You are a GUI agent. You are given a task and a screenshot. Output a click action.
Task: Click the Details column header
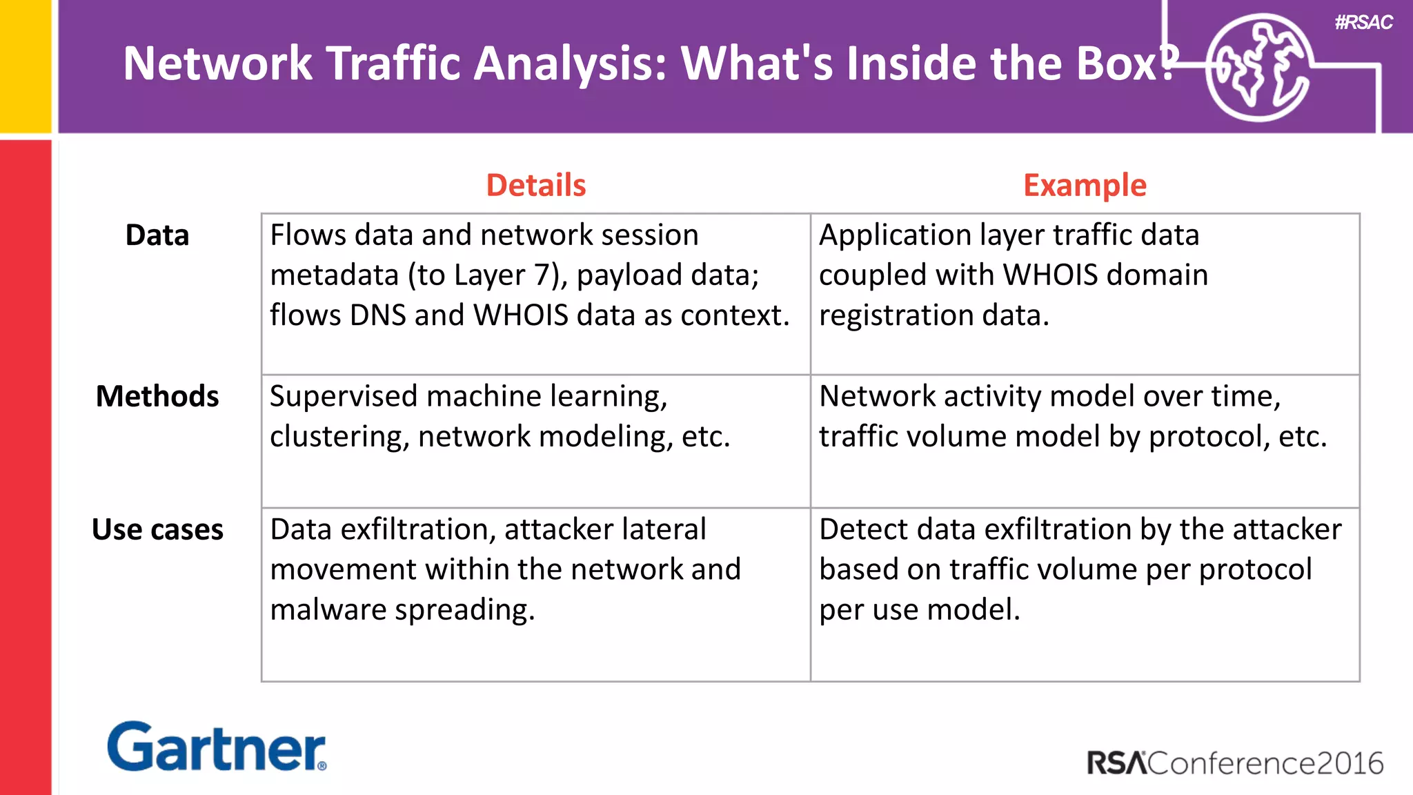(x=535, y=185)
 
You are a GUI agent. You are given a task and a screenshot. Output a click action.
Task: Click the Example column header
(x=1084, y=185)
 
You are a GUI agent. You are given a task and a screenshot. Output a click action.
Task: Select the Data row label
(x=157, y=235)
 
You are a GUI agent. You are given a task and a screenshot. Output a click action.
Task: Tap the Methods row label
(x=157, y=396)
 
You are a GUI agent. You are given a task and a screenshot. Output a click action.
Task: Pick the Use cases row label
(x=157, y=529)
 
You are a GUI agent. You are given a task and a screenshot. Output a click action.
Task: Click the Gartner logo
(x=216, y=747)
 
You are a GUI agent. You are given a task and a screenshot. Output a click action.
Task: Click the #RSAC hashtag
(x=1363, y=22)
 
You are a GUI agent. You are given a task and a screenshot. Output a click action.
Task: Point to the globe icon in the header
(x=1258, y=67)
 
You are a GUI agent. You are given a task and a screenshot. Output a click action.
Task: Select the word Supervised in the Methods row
(x=343, y=397)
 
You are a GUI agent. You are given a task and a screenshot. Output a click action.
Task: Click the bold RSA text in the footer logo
(x=1116, y=763)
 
